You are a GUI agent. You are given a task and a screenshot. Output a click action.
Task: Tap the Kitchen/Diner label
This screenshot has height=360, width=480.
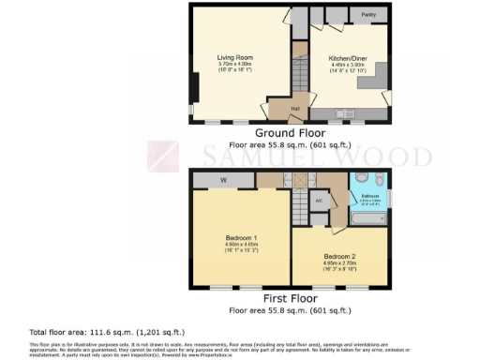coord(346,58)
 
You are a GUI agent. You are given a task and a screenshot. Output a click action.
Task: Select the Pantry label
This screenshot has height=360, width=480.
coord(368,15)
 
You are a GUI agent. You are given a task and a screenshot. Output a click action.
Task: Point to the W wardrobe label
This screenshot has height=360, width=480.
coord(224,180)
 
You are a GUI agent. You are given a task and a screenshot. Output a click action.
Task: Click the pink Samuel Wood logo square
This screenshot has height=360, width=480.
coord(164,156)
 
